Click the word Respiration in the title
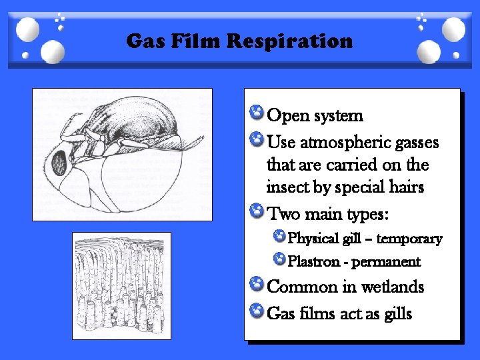click(289, 42)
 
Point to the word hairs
click(405, 187)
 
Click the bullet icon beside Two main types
click(255, 212)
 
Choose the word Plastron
click(313, 261)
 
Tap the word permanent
click(386, 261)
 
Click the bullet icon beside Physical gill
click(279, 236)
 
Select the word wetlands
click(393, 287)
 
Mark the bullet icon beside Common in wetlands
click(255, 284)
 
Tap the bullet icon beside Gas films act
click(255, 309)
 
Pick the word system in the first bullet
click(339, 115)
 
